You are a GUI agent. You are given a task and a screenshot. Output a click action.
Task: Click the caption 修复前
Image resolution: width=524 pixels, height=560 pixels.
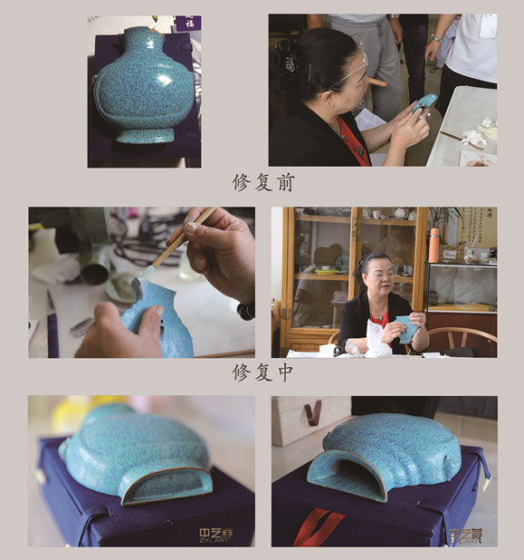pos(262,181)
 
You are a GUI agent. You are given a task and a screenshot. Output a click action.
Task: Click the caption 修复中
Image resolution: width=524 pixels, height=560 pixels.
pos(262,372)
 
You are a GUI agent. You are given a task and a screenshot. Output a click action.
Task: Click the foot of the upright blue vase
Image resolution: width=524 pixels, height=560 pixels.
pos(145,135)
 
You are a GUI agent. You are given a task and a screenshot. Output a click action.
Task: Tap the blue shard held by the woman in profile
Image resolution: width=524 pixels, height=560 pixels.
pos(424,102)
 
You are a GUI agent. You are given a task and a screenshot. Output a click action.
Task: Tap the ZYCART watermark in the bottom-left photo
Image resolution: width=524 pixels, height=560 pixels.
pos(216,535)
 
